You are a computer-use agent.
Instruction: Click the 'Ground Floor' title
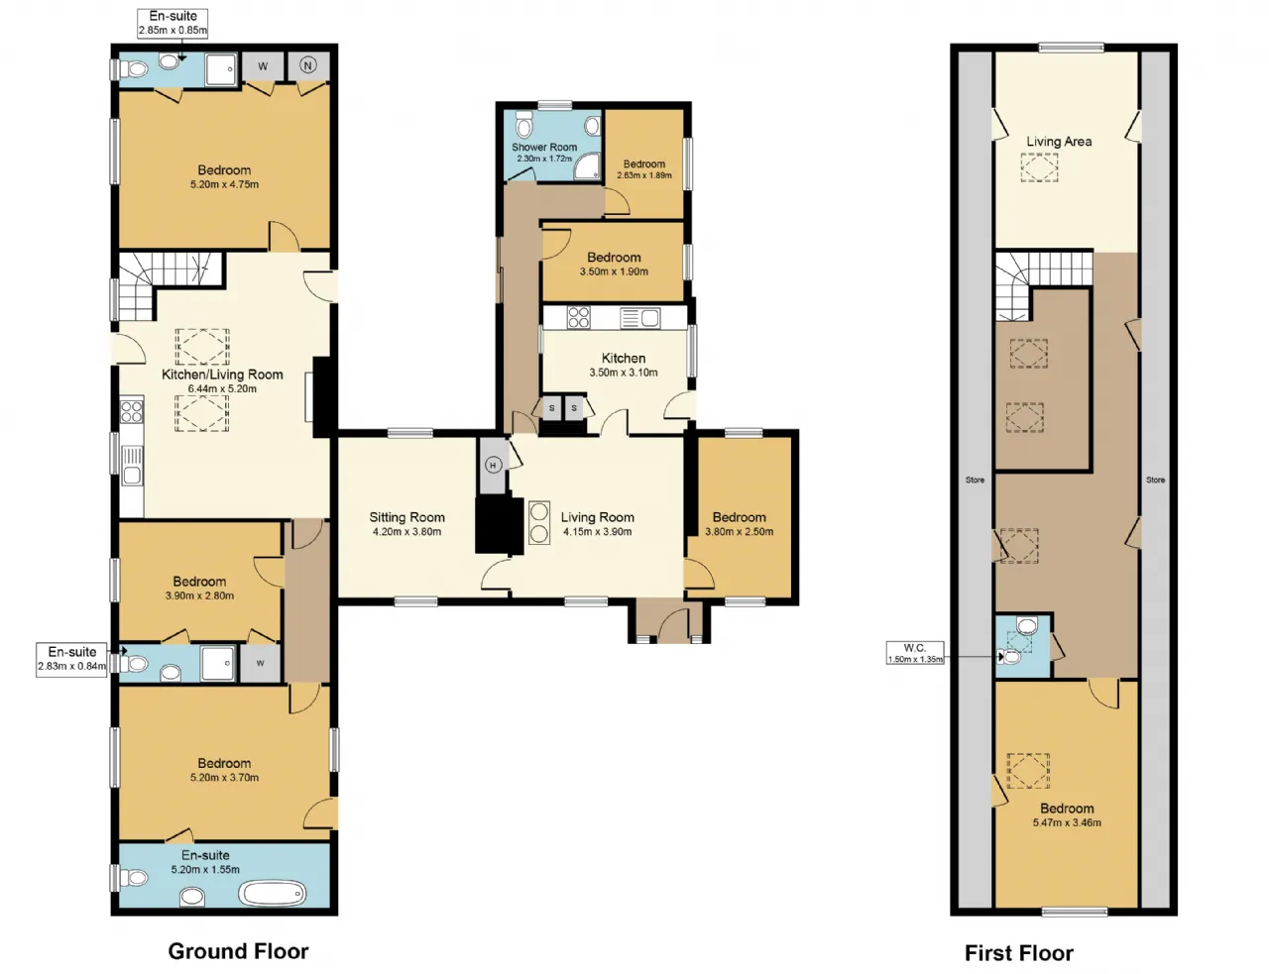point(238,950)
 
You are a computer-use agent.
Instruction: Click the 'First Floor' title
point(1018,952)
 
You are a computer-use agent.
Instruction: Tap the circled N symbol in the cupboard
point(307,65)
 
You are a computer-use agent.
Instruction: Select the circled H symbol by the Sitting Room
point(494,465)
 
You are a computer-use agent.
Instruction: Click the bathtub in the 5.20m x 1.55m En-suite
point(274,894)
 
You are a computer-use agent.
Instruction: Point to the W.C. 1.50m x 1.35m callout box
point(914,653)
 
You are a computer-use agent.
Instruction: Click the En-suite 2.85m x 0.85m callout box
point(173,24)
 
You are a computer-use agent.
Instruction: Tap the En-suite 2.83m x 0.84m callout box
point(71,660)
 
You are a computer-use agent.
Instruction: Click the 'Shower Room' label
point(544,147)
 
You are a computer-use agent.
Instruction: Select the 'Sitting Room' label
point(407,517)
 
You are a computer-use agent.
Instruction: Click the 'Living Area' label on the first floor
point(1059,142)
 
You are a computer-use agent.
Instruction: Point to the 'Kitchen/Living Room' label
point(222,375)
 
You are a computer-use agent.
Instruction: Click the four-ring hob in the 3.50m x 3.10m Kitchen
point(578,318)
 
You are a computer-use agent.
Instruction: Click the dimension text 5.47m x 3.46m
point(1067,822)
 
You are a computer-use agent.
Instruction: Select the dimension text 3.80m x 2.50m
point(739,532)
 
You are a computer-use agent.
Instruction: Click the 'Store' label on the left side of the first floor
point(975,480)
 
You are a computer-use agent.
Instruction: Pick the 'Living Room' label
point(598,517)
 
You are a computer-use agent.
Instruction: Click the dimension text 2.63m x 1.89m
point(644,175)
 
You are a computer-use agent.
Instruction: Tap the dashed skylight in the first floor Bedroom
point(1028,771)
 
